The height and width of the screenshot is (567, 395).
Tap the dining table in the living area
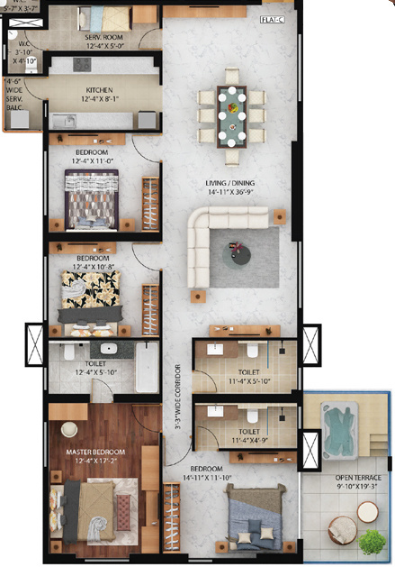coord(233,114)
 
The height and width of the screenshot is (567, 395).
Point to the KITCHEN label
coord(98,91)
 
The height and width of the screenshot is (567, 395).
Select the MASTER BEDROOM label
coord(94,451)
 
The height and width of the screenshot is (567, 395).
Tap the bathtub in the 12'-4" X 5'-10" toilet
coord(147,369)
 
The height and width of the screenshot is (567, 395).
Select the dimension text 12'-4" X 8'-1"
coord(98,100)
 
